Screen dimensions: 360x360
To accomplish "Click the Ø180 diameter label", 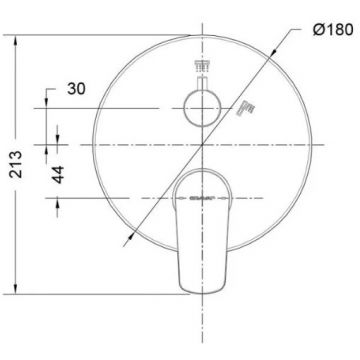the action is pyautogui.click(x=333, y=30).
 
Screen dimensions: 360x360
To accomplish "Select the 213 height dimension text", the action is pyautogui.click(x=16, y=164).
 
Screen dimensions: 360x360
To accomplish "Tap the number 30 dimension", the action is pyautogui.click(x=76, y=89).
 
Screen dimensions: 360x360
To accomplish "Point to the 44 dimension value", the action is pyautogui.click(x=59, y=174).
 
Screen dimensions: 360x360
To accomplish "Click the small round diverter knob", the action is pyautogui.click(x=202, y=108).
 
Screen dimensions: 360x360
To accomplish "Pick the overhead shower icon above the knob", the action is pyautogui.click(x=203, y=67).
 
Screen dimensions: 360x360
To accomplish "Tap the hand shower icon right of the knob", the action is pyautogui.click(x=246, y=109).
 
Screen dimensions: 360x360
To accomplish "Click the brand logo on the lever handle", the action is pyautogui.click(x=202, y=198).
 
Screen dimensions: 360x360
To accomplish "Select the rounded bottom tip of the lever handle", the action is pyautogui.click(x=202, y=293).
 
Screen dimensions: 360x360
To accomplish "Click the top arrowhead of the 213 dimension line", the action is pyautogui.click(x=15, y=41).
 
